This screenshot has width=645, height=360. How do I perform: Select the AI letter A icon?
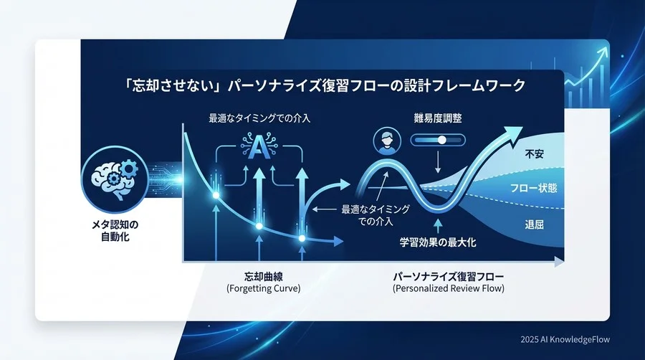(x=259, y=146)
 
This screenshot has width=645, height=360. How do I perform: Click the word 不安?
(x=534, y=153)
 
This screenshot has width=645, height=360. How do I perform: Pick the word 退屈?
(x=534, y=224)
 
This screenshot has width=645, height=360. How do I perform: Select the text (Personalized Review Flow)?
(x=449, y=288)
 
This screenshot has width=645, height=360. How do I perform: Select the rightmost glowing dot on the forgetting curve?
(x=302, y=238)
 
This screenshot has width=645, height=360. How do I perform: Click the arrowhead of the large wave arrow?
(x=514, y=131)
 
